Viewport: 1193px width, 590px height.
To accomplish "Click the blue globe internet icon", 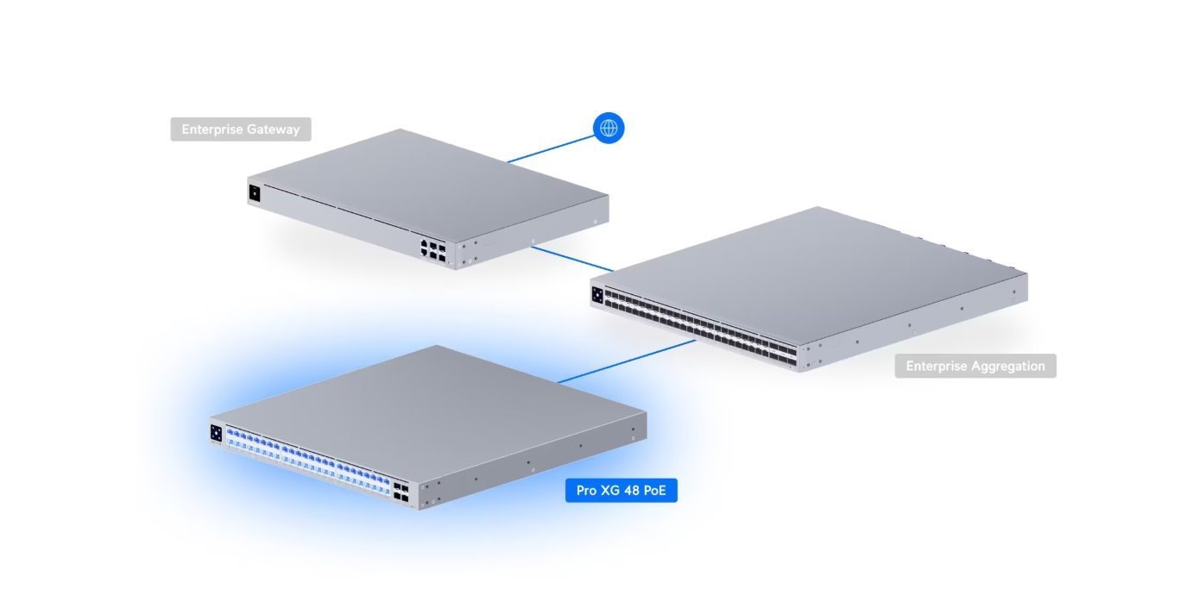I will tap(609, 129).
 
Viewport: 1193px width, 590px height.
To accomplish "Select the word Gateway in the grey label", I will tap(274, 129).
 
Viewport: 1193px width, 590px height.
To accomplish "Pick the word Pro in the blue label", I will tap(587, 492).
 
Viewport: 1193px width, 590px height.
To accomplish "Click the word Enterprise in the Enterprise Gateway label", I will tap(212, 129).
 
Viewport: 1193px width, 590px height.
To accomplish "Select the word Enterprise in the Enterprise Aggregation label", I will tap(936, 366).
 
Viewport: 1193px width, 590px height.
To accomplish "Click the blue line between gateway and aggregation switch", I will tap(571, 259).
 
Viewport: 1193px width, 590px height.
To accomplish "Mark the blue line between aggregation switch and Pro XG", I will tap(626, 361).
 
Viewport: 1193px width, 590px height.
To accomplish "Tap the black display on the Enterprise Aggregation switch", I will tap(597, 295).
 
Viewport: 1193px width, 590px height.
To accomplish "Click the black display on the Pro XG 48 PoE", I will tap(216, 432).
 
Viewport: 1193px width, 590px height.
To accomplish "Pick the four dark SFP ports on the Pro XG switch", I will tap(401, 492).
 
